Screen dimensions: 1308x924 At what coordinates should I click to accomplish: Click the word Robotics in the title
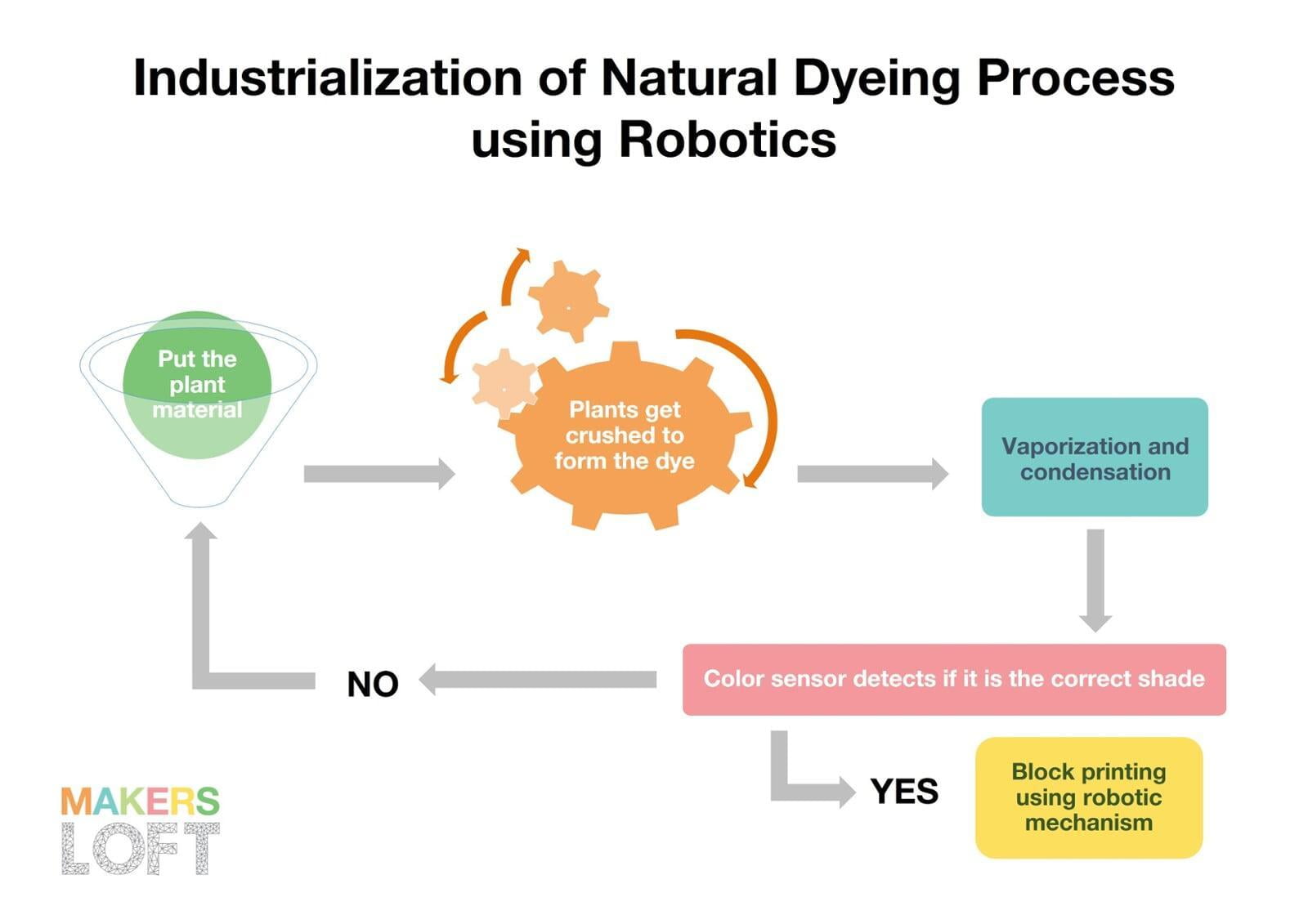pos(728,140)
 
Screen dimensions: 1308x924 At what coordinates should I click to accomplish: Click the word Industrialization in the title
pos(328,78)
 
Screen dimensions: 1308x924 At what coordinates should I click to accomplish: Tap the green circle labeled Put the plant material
pos(197,386)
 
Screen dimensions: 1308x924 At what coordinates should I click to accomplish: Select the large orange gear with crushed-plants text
pos(625,435)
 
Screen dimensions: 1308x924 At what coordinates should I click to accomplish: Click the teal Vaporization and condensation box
pos(1095,457)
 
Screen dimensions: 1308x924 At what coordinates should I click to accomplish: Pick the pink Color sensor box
pos(954,680)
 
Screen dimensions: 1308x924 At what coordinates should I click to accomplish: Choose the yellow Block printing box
pos(1089,797)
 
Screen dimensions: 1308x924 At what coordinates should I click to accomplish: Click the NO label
pos(373,684)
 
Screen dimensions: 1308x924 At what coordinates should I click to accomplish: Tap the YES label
pos(904,792)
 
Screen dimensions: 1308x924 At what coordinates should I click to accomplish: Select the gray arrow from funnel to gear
pos(379,474)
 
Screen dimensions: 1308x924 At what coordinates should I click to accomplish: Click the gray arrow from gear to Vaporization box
pos(873,474)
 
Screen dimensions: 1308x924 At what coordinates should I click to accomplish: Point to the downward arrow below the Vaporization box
pos(1095,581)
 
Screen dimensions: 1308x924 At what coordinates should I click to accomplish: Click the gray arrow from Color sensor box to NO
pos(538,680)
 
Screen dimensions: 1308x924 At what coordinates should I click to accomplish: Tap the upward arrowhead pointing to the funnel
pos(200,530)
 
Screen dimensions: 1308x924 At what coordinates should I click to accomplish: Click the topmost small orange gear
pos(568,301)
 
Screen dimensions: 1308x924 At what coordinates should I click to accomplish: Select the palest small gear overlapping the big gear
pos(504,383)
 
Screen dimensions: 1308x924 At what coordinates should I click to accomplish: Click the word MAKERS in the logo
pos(140,801)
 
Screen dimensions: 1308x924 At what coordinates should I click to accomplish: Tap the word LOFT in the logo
pos(140,849)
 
